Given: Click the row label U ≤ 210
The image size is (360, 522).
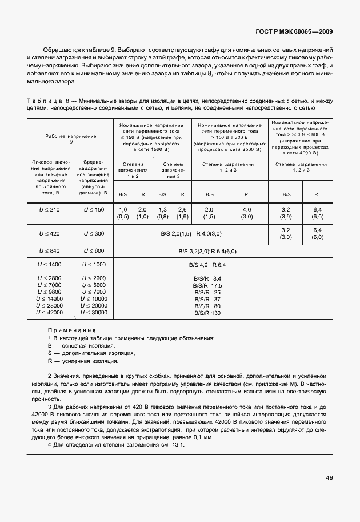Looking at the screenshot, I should (51, 210).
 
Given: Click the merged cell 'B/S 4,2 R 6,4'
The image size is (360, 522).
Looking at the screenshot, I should (207, 265).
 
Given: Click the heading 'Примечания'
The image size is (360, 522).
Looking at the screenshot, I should (72, 330).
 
